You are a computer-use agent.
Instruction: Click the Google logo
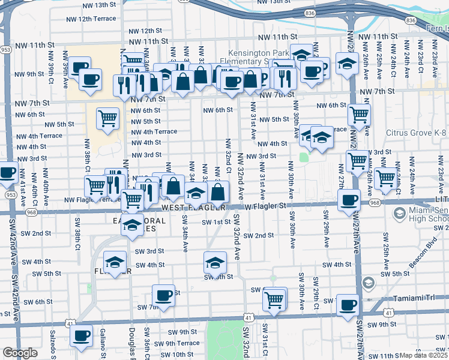20,353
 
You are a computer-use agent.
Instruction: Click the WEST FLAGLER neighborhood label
192,208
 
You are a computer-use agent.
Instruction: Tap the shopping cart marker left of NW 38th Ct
107,118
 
